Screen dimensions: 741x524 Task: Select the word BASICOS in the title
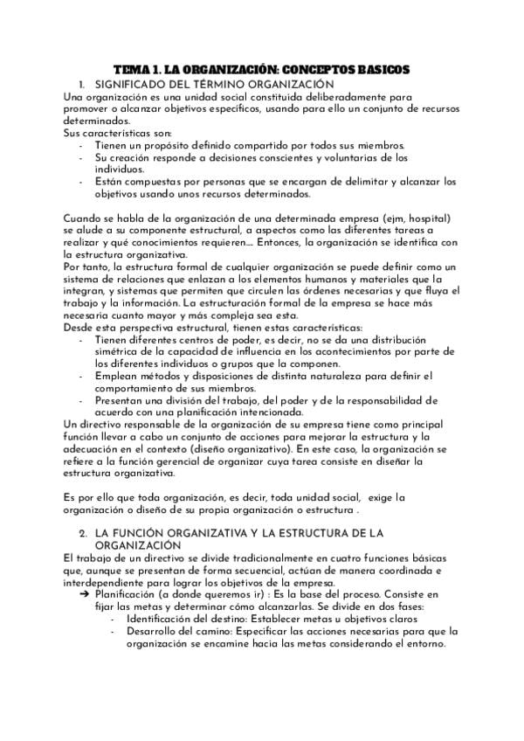click(378, 69)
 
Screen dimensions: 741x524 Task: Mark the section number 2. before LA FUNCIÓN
click(83, 532)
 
